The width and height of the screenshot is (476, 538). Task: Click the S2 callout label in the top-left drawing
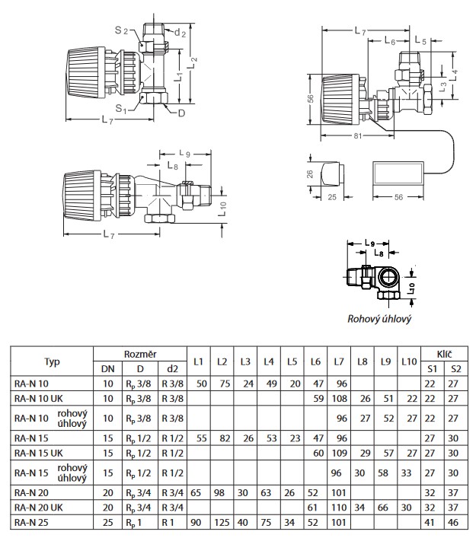pyautogui.click(x=121, y=30)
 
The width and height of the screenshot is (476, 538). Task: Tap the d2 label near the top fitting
pyautogui.click(x=180, y=33)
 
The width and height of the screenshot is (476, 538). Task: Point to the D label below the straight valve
pyautogui.click(x=182, y=113)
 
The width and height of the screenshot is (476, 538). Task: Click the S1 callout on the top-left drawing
pyautogui.click(x=121, y=109)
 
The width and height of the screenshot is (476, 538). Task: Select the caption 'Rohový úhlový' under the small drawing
pyautogui.click(x=379, y=319)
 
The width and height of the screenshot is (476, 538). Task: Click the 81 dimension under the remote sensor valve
pyautogui.click(x=358, y=135)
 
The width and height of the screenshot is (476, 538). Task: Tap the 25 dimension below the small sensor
pyautogui.click(x=332, y=197)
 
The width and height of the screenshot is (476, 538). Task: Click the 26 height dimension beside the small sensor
pyautogui.click(x=310, y=174)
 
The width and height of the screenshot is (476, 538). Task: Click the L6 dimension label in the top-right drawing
pyautogui.click(x=390, y=41)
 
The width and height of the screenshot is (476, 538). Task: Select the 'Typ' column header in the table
pyautogui.click(x=52, y=361)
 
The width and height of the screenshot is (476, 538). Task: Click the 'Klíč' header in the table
pyautogui.click(x=444, y=354)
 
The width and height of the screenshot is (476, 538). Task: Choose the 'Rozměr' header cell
pyautogui.click(x=140, y=354)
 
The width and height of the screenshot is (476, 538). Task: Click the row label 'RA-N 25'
pyautogui.click(x=31, y=523)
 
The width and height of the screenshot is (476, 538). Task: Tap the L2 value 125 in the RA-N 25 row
pyautogui.click(x=222, y=523)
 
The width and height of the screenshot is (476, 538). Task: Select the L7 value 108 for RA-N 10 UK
pyautogui.click(x=339, y=398)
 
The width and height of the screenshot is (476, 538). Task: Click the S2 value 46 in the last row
pyautogui.click(x=453, y=523)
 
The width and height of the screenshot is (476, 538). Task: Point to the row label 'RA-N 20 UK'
pyautogui.click(x=39, y=508)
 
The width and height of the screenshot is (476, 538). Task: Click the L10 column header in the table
pyautogui.click(x=409, y=361)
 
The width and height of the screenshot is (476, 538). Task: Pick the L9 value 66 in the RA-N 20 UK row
pyautogui.click(x=382, y=508)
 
